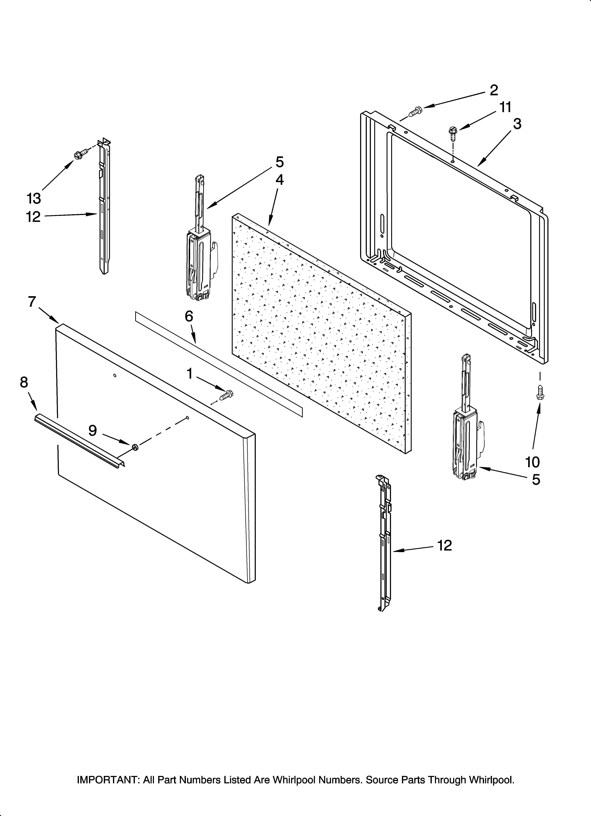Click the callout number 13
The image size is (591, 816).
coord(34,198)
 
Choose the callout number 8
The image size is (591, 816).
coord(24,382)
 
